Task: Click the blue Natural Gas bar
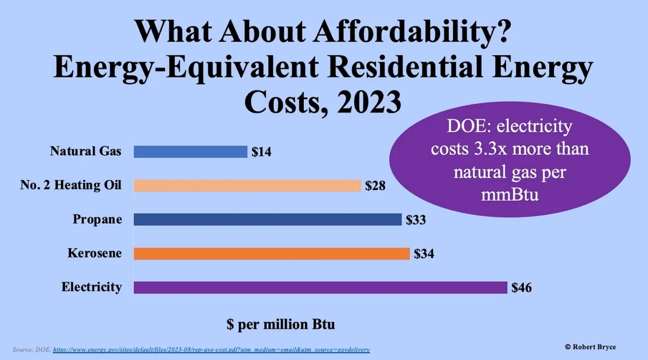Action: point(190,152)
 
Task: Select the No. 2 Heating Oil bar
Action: point(247,186)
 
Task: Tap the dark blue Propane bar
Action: point(267,220)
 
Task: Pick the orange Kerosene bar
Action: point(272,253)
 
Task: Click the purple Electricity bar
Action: point(320,287)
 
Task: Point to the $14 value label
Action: point(261,152)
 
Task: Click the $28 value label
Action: point(375,186)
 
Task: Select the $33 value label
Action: point(416,220)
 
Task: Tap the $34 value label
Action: point(424,254)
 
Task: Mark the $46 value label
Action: point(522,288)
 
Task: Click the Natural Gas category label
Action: point(86,151)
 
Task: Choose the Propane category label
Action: point(98,219)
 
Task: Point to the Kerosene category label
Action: point(94,253)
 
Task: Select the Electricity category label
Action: point(91,287)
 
